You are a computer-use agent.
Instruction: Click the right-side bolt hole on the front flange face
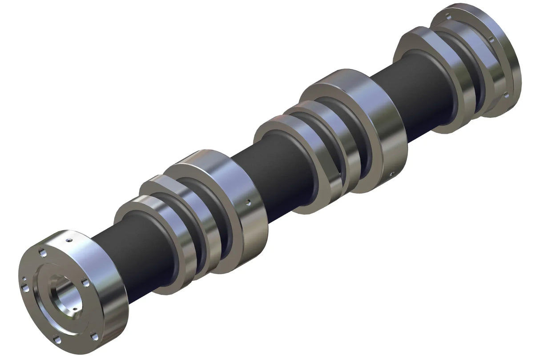pyautogui.click(x=85, y=283)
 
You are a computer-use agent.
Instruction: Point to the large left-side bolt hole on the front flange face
pyautogui.click(x=25, y=289)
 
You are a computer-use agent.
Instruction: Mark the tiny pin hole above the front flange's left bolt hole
pyautogui.click(x=24, y=280)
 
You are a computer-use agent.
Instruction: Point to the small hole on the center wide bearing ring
pyautogui.click(x=390, y=174)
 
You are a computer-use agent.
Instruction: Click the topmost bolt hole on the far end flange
pyautogui.click(x=448, y=16)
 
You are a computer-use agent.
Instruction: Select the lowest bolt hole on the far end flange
pyautogui.click(x=506, y=94)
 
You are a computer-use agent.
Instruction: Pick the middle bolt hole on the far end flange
pyautogui.click(x=492, y=40)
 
